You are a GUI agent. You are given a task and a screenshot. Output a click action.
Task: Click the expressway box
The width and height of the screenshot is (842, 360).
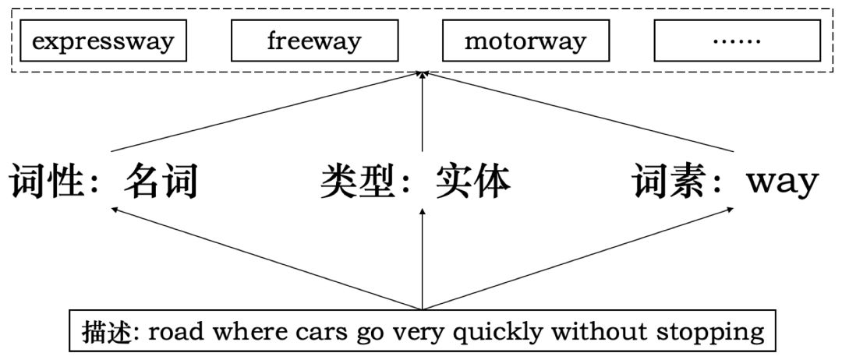tap(103, 41)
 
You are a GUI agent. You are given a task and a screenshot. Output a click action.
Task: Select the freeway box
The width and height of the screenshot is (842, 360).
tap(313, 41)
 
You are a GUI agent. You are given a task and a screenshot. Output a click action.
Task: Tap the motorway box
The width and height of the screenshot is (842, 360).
tap(525, 41)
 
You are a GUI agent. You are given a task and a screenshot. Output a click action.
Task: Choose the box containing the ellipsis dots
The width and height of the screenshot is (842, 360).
tap(737, 41)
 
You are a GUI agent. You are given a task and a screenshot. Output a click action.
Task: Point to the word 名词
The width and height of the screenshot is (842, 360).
tap(161, 182)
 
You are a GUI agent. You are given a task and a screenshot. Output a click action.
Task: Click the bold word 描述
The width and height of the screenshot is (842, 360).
tap(102, 333)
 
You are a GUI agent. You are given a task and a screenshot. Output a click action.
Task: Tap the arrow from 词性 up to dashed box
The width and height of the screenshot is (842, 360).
tap(265, 111)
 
